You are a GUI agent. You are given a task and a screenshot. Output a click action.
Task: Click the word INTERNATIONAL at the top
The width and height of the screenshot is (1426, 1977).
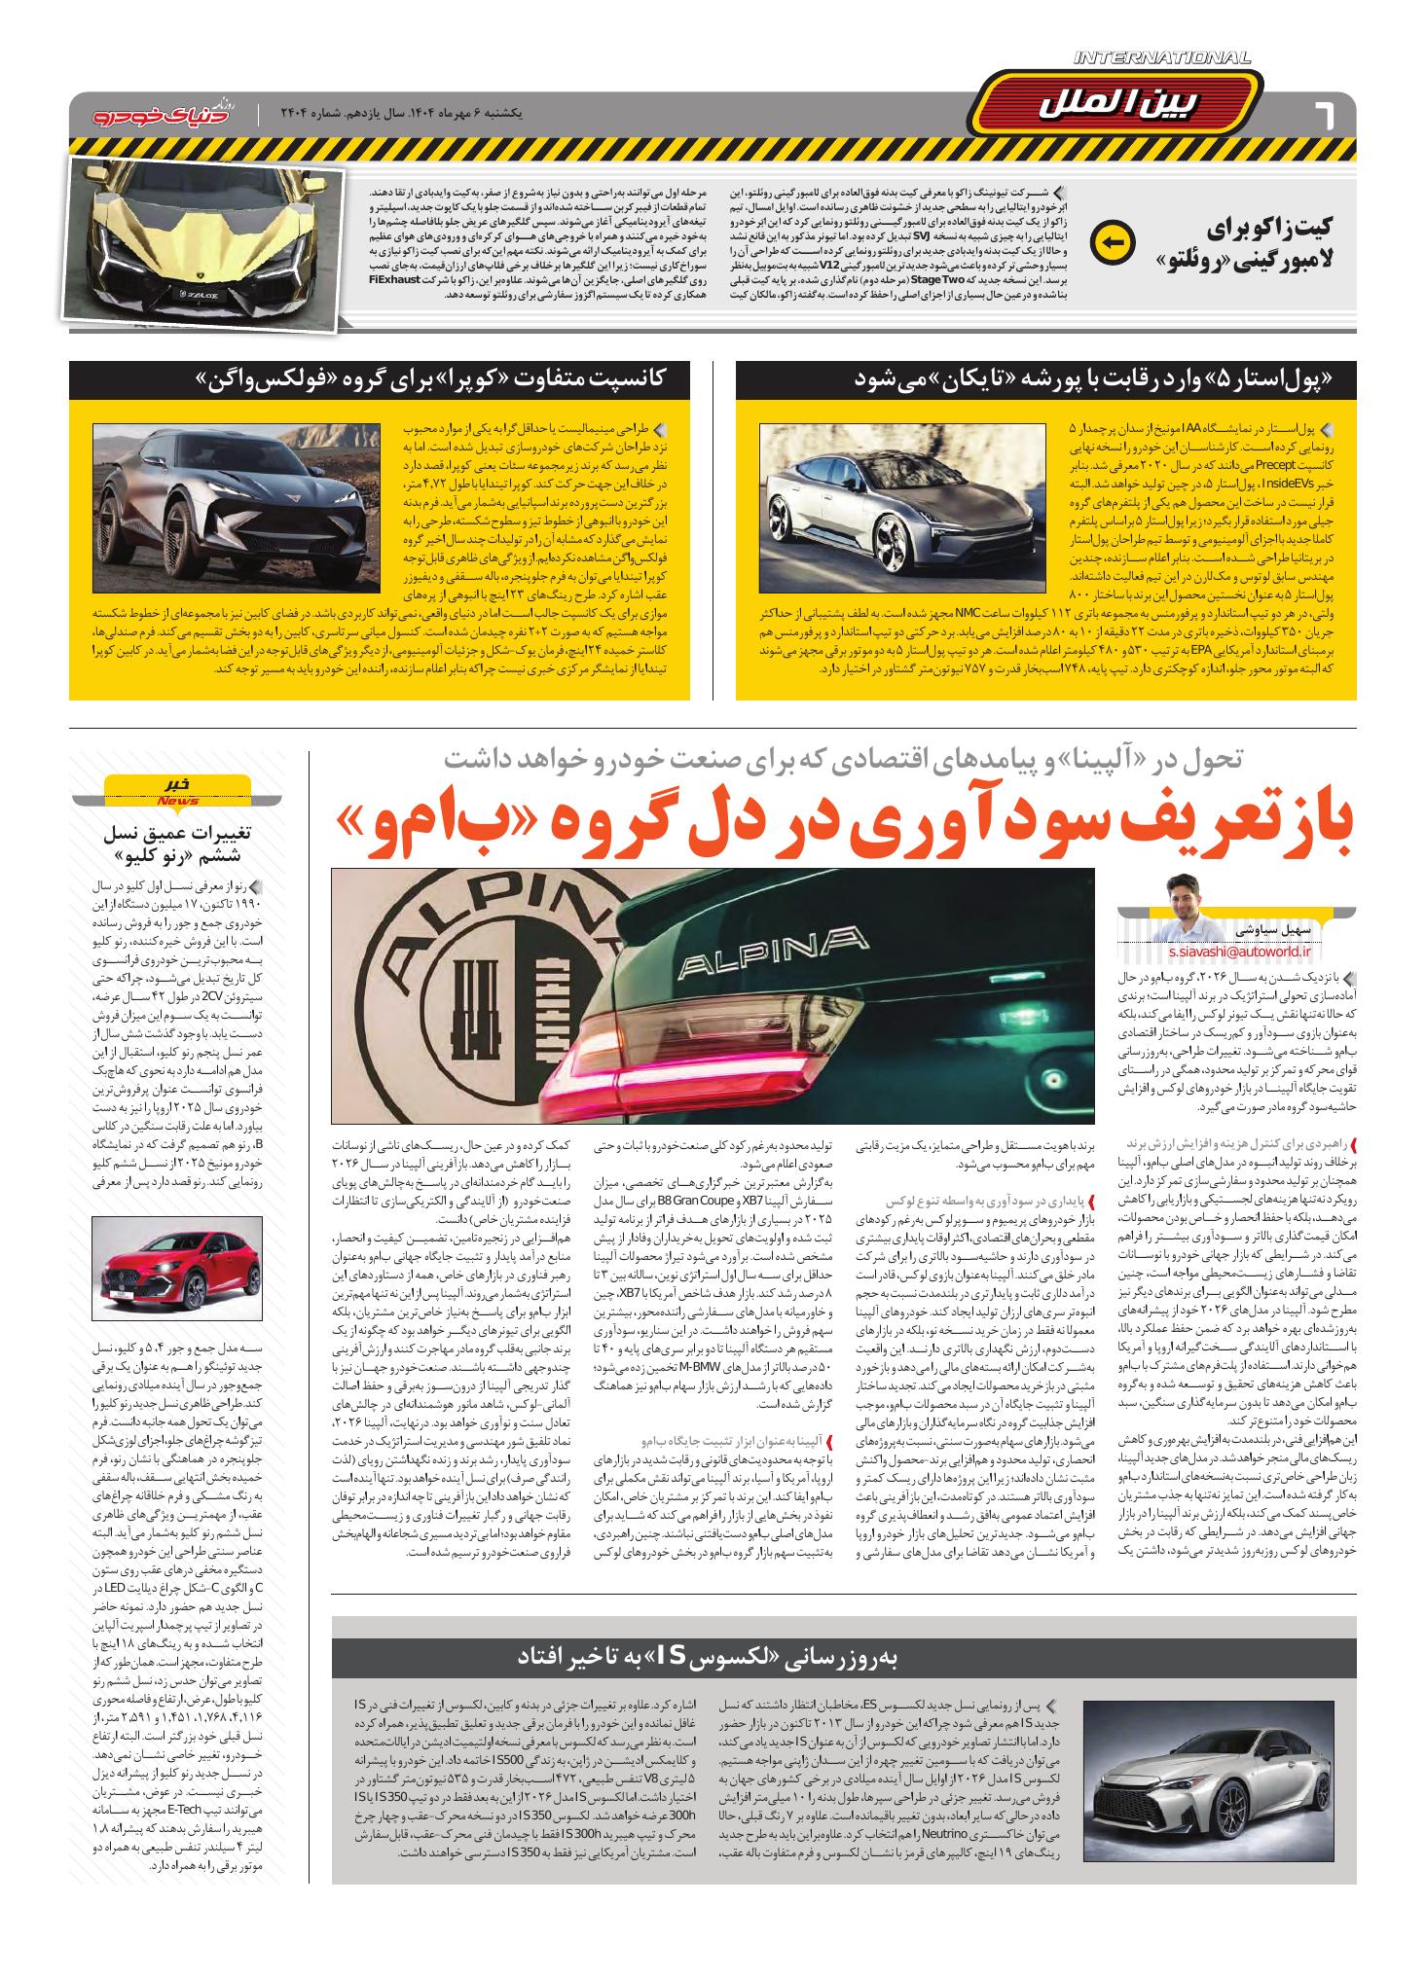[1162, 59]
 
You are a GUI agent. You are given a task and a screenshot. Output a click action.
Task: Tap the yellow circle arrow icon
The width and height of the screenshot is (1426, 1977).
[1114, 242]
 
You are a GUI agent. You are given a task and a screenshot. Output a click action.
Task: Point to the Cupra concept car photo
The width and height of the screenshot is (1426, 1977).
[237, 508]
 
